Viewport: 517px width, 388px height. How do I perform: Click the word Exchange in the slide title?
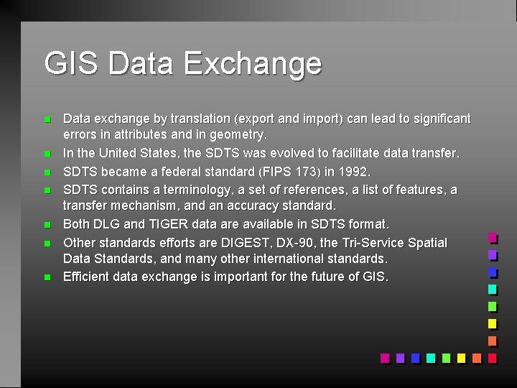click(252, 63)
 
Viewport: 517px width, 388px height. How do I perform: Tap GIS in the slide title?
click(70, 63)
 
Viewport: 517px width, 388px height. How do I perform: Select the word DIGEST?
click(231, 243)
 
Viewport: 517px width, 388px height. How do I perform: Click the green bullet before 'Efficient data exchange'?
click(47, 277)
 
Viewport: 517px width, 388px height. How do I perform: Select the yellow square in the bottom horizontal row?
click(461, 358)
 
